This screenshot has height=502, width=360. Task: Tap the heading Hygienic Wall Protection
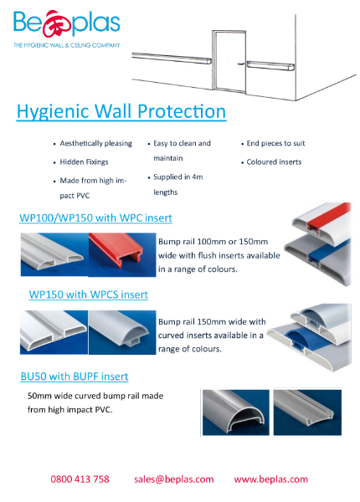click(121, 112)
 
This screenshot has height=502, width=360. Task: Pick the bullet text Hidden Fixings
click(85, 162)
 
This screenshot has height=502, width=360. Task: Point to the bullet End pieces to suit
click(275, 144)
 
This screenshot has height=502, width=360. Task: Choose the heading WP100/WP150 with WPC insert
click(95, 218)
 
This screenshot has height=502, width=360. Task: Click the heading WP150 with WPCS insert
click(88, 295)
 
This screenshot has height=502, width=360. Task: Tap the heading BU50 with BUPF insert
click(75, 376)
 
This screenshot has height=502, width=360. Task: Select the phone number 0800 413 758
click(80, 479)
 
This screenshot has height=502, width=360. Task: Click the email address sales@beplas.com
click(173, 479)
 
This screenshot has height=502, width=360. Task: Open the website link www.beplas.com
click(270, 479)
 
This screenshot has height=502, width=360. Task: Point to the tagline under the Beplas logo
click(67, 45)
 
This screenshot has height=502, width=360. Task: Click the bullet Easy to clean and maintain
click(182, 151)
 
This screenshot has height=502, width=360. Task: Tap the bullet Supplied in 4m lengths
click(178, 184)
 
